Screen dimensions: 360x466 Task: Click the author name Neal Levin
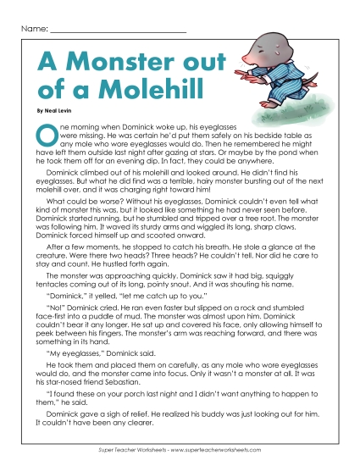[x=58, y=111]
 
